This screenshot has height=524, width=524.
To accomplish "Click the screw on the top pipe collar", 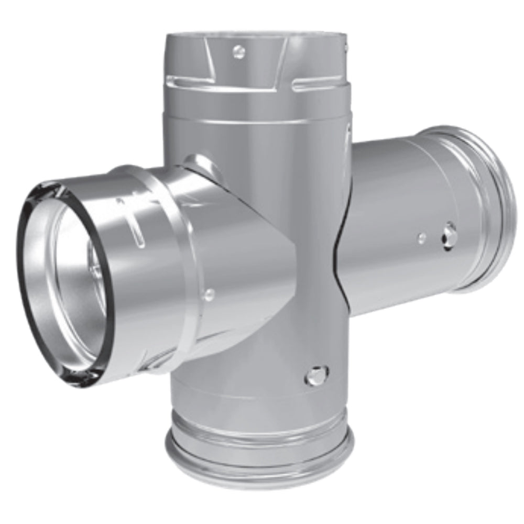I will coord(239,51).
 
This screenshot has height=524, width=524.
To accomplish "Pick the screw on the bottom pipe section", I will coord(316,375).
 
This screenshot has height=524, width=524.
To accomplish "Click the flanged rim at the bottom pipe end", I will coord(259,461).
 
